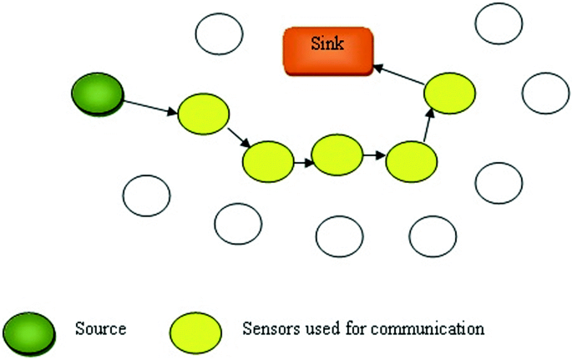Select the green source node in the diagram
[x=98, y=93]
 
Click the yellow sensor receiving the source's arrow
[x=203, y=113]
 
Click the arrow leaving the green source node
[x=150, y=106]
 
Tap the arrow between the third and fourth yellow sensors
[x=373, y=155]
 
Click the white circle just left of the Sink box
[x=219, y=33]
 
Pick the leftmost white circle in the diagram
[x=147, y=195]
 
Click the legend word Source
[x=100, y=328]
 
